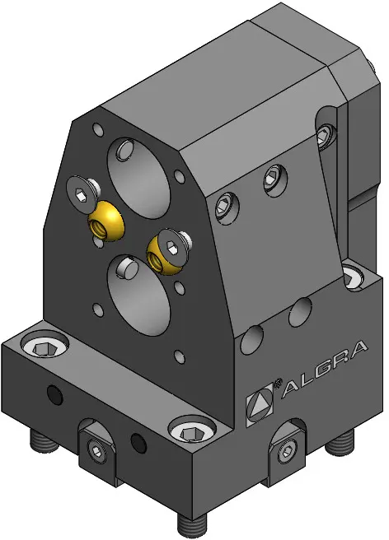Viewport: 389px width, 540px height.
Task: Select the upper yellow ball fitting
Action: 106,221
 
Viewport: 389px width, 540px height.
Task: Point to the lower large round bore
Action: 139,296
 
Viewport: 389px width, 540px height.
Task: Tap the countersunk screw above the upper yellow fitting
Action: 82,191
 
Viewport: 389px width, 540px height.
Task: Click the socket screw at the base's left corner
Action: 45,346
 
